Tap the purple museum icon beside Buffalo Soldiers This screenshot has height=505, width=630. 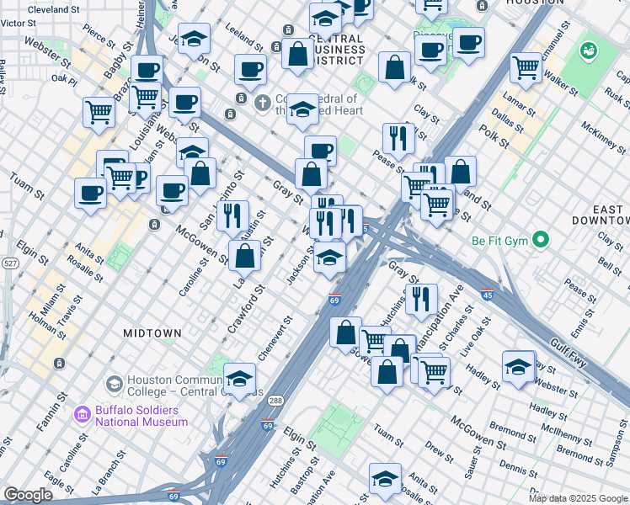(x=82, y=415)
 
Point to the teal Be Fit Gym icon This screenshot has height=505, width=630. (x=541, y=241)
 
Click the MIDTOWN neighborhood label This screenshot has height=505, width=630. (x=152, y=333)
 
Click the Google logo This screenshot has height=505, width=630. (x=29, y=495)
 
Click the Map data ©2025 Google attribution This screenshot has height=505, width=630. (x=578, y=498)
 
